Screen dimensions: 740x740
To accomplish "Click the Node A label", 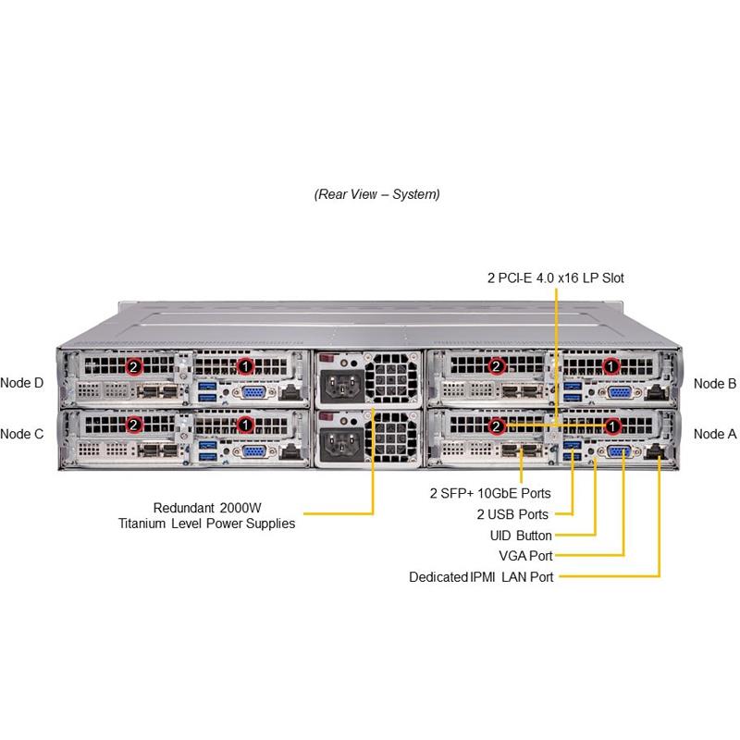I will click(x=714, y=434).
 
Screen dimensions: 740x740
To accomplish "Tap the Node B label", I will click(x=714, y=383).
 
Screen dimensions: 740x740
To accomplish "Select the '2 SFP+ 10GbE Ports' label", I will click(x=490, y=494).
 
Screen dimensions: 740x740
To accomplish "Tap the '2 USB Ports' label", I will click(x=513, y=514).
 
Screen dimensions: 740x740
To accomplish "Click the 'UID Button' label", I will click(x=521, y=536).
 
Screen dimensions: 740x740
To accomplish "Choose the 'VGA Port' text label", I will click(x=525, y=556).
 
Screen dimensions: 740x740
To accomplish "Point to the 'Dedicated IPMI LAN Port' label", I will click(x=481, y=577).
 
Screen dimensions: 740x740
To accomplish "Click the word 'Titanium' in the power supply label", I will click(x=152, y=524).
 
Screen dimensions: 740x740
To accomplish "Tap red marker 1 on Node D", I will click(x=245, y=366).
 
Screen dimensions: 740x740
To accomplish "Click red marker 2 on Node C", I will click(x=135, y=425).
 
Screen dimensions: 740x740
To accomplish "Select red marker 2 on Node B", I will click(x=498, y=366).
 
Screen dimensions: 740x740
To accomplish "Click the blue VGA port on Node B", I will click(x=619, y=392).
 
